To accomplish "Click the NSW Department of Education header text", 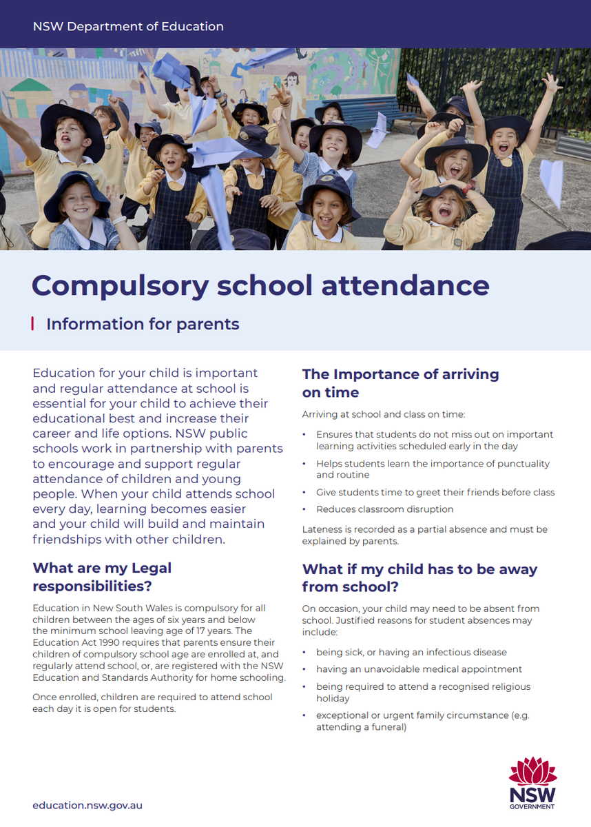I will pos(128,27).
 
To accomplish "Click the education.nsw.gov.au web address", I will pos(87,805).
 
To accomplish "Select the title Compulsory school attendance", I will pos(260,285).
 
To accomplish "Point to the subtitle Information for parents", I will pos(143,324).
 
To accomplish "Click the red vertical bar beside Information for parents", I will pos(33,323).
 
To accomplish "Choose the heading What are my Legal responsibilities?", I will pos(102,577).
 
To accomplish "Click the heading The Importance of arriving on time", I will pos(400,383).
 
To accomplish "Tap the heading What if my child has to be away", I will pos(419,578).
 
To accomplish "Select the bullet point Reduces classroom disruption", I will pos(384,509).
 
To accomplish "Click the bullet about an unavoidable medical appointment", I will pos(419,669).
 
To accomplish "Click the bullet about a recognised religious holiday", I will pos(423,692).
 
